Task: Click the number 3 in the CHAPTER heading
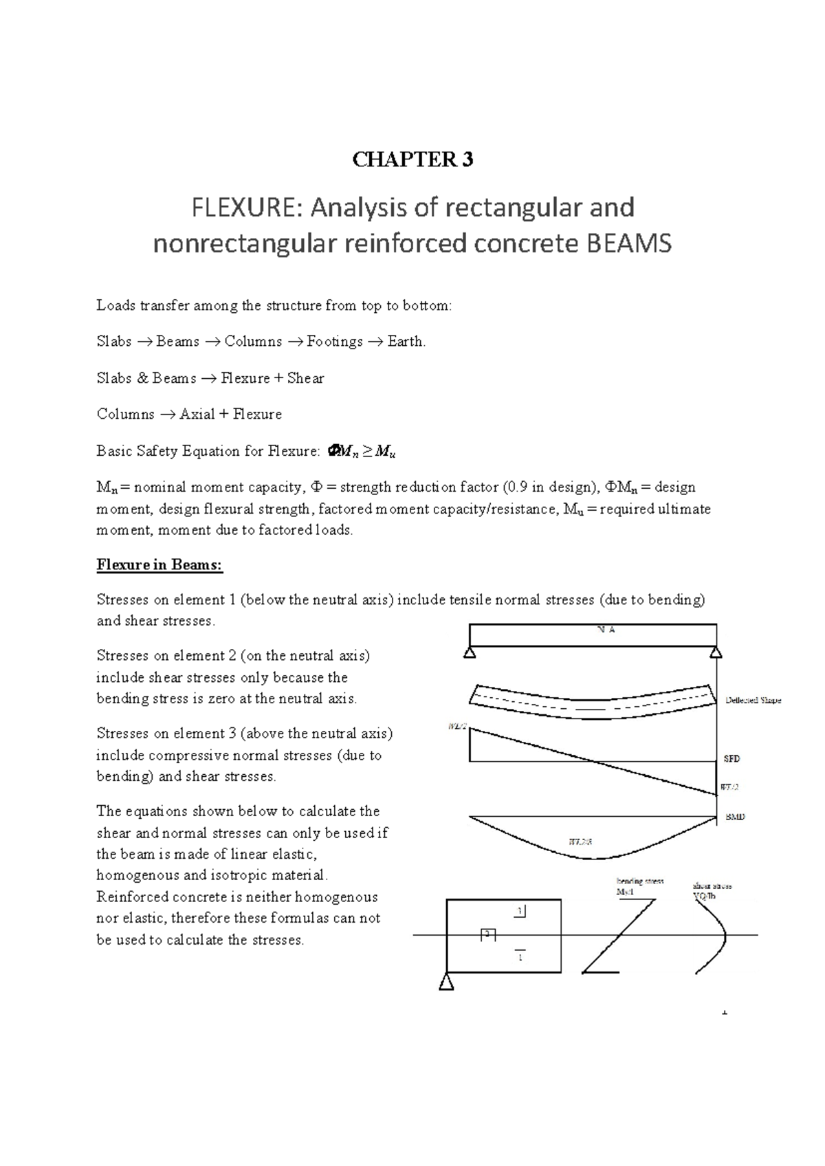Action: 467,160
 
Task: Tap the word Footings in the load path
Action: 335,342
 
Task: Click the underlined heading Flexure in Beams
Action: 159,565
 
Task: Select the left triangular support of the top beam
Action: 470,652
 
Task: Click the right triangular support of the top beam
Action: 716,652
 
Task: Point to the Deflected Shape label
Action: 753,701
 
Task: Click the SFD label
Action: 731,759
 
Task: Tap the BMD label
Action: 735,817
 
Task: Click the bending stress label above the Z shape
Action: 639,881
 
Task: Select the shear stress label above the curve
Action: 713,886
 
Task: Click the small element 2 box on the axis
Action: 487,934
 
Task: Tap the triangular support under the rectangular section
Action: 446,982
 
